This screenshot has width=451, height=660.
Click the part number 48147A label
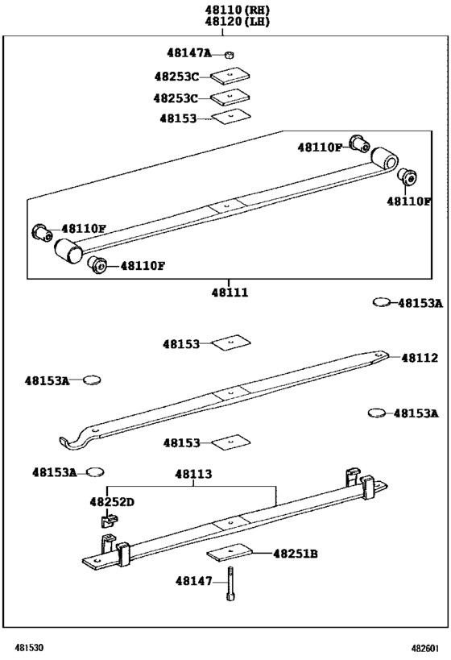click(188, 53)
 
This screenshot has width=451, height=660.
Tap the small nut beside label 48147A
click(229, 55)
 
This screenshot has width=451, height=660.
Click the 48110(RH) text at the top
click(236, 9)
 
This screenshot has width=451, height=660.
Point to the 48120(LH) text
click(236, 22)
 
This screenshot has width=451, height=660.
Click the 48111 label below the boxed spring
click(230, 293)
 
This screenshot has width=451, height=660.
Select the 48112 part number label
click(420, 358)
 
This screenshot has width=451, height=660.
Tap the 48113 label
click(193, 475)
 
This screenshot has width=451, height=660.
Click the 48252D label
click(112, 502)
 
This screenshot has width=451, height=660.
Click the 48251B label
click(296, 554)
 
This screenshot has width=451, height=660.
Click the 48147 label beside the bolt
click(192, 580)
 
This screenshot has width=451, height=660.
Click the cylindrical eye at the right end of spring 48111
click(385, 157)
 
